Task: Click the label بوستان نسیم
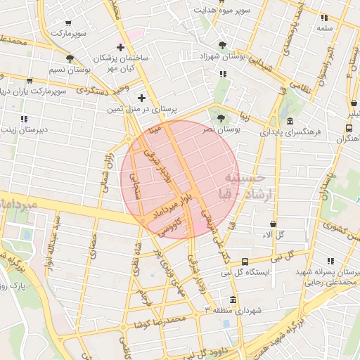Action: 70,70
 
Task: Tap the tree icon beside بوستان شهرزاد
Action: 223,45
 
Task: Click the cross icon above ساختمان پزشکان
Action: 121,48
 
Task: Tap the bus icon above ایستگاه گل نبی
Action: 244,261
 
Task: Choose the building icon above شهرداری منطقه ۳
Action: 233,298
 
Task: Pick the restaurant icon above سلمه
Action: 325,17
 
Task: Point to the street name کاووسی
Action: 170,226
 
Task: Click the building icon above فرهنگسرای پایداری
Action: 291,120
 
